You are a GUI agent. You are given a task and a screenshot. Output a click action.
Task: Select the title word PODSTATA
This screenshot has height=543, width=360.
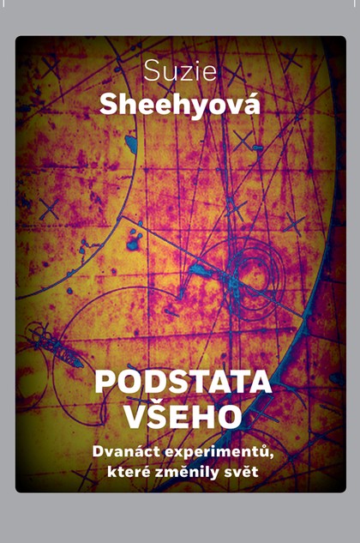183,381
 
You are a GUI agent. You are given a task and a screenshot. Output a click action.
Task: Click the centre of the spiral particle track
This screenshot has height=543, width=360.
252,276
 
